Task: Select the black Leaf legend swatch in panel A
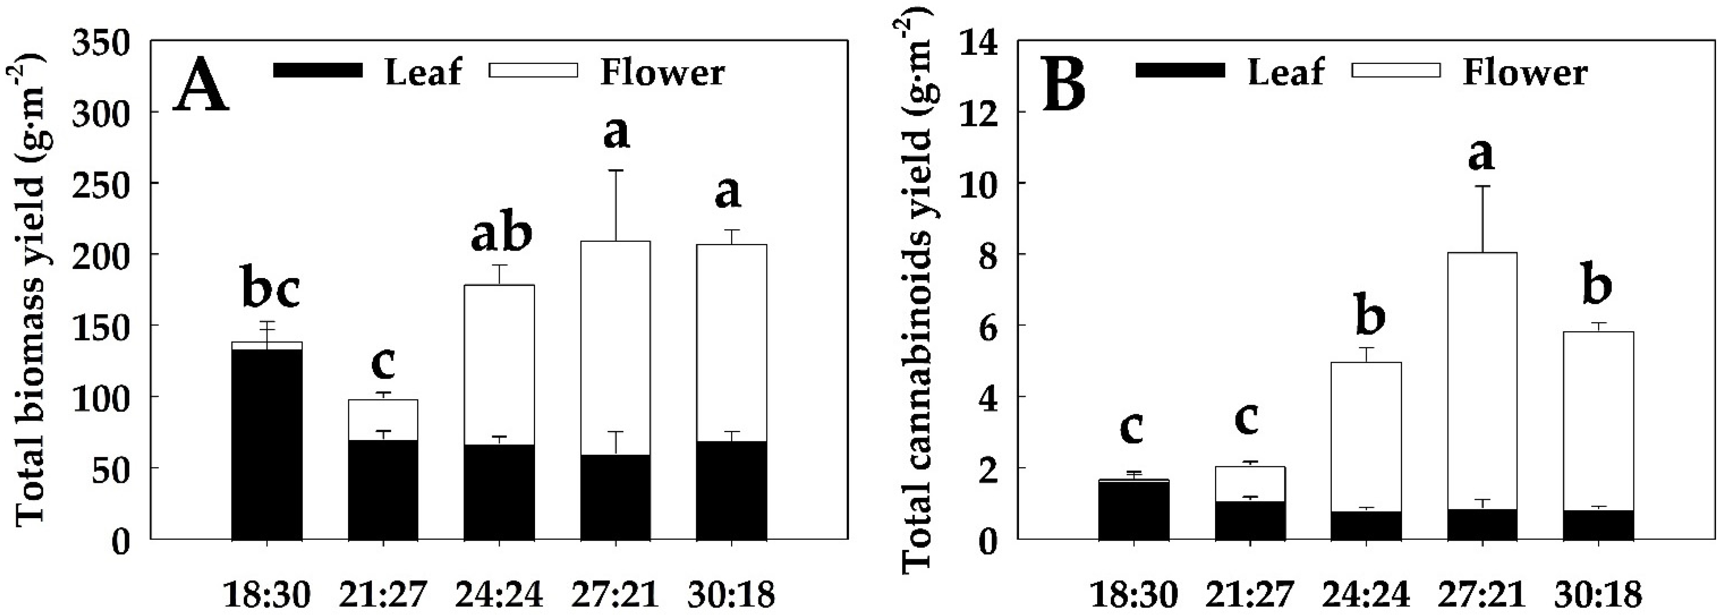[318, 70]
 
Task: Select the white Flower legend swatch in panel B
[1396, 70]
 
